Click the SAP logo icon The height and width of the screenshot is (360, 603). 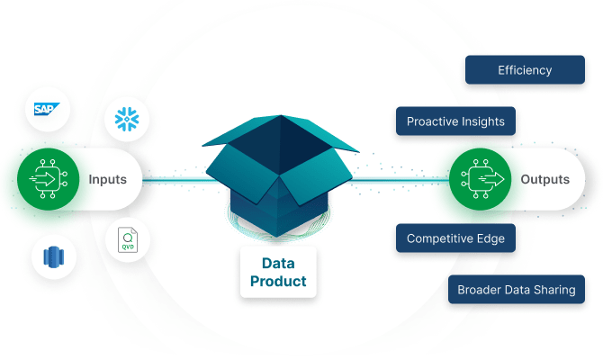47,111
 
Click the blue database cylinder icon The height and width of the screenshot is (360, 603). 52,256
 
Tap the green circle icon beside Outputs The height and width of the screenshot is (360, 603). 479,179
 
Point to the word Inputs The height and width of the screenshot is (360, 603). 107,180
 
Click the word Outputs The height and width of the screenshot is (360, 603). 544,180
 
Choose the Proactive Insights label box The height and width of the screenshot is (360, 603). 455,121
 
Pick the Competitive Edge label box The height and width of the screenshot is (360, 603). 455,238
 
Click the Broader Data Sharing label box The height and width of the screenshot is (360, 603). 517,290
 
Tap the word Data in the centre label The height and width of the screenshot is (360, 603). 278,264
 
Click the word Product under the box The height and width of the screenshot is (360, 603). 278,282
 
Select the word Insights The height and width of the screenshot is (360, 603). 481,121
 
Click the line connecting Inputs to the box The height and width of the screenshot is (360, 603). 180,180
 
